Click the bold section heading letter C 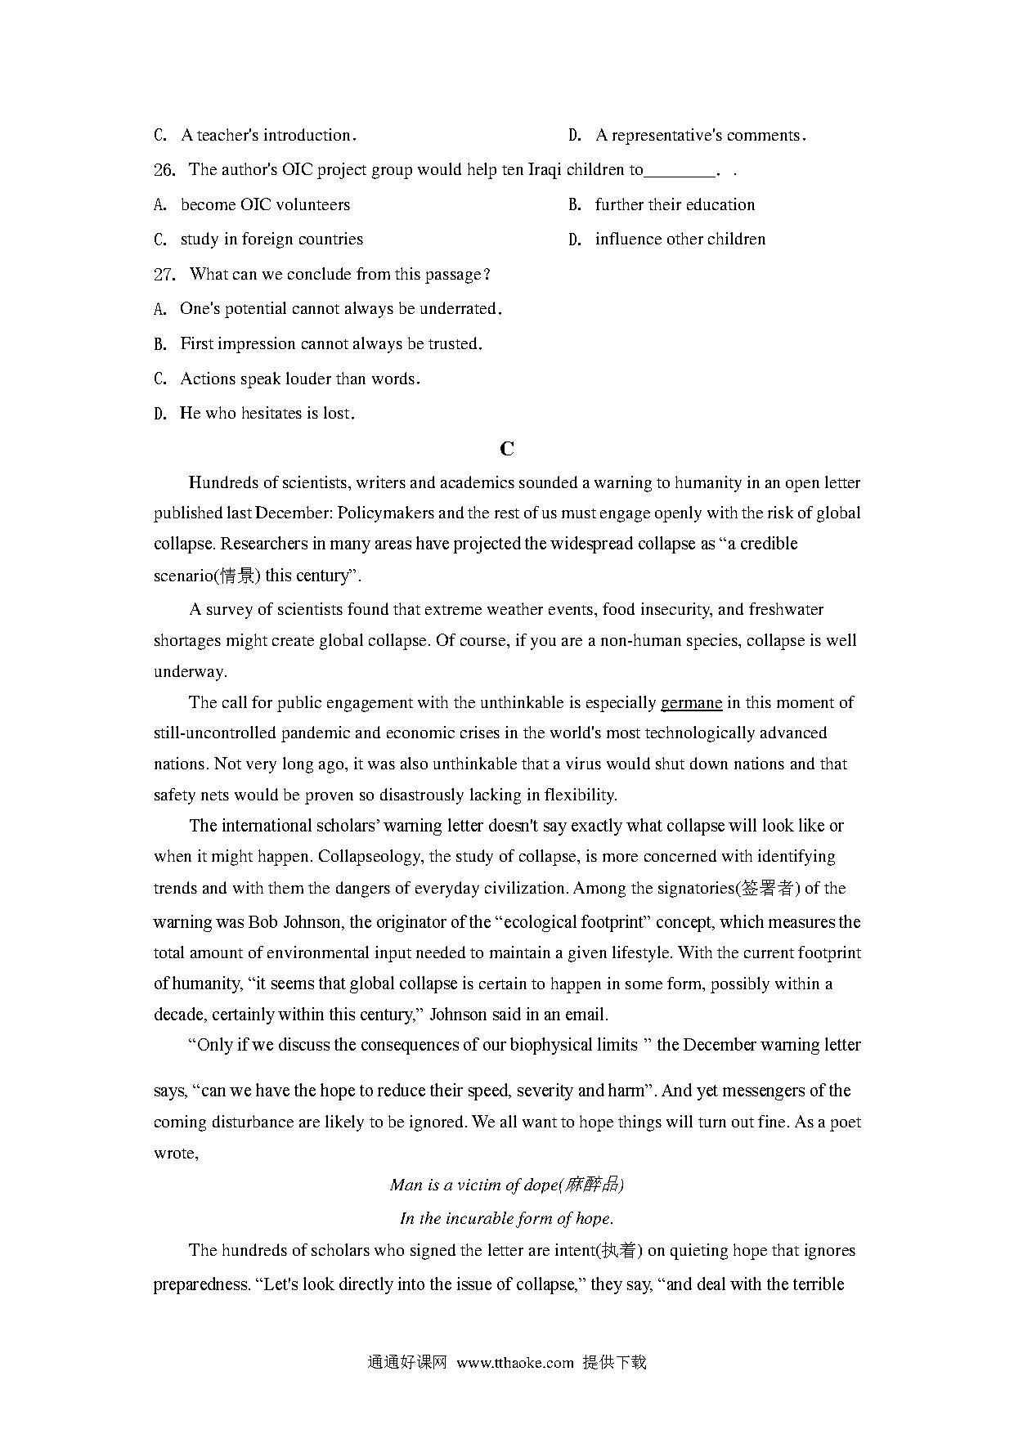pos(507,449)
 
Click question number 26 pos(164,170)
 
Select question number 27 pos(164,275)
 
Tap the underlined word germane pos(691,703)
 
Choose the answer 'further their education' pos(675,205)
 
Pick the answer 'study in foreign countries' pos(271,240)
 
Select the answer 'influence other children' pos(680,240)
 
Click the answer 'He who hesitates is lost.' pos(267,414)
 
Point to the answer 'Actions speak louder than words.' pos(300,379)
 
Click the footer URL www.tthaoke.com pos(515,1363)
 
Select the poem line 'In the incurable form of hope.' pos(506,1219)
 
